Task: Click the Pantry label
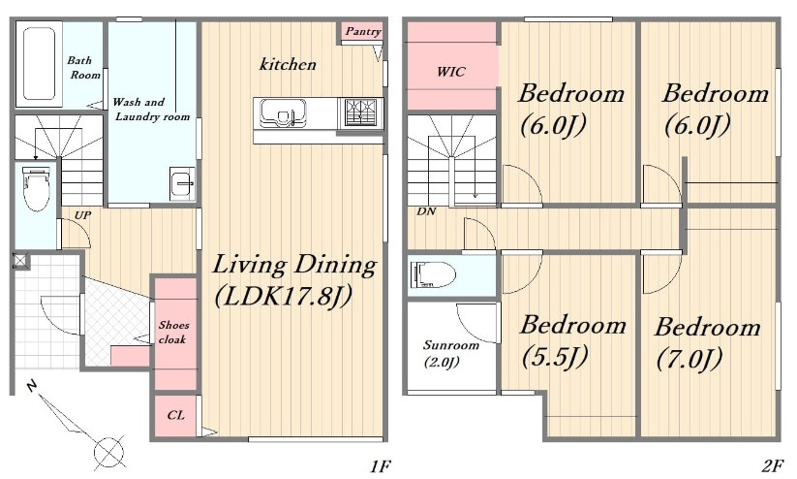pyautogui.click(x=363, y=32)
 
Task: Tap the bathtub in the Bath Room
pyautogui.click(x=39, y=64)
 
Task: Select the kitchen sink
pyautogui.click(x=283, y=113)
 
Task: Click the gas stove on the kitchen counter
pyautogui.click(x=360, y=112)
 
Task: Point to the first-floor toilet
pyautogui.click(x=36, y=188)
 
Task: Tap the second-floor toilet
pyautogui.click(x=433, y=275)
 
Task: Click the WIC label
pyautogui.click(x=451, y=72)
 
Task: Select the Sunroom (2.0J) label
pyautogui.click(x=451, y=353)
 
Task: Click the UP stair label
pyautogui.click(x=82, y=215)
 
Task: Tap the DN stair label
pyautogui.click(x=426, y=211)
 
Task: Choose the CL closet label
pyautogui.click(x=175, y=415)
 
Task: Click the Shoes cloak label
pyautogui.click(x=173, y=332)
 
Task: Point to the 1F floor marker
pyautogui.click(x=381, y=465)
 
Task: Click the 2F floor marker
pyautogui.click(x=773, y=465)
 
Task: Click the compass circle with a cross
pyautogui.click(x=108, y=451)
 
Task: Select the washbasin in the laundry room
pyautogui.click(x=182, y=183)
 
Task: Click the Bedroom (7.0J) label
pyautogui.click(x=707, y=343)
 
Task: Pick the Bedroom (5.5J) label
pyautogui.click(x=572, y=341)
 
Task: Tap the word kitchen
pyautogui.click(x=288, y=64)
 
